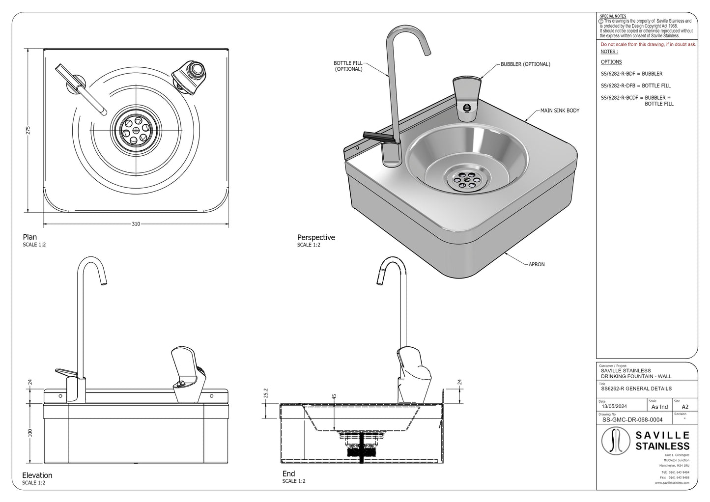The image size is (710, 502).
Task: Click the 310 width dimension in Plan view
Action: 136,224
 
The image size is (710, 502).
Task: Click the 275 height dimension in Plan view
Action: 28,131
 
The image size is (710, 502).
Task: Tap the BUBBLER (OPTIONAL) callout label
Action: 525,64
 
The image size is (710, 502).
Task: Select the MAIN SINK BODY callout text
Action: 560,111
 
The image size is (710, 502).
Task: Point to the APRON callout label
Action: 537,264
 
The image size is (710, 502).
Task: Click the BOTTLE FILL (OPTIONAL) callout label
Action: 348,66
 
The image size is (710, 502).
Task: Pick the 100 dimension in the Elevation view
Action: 30,433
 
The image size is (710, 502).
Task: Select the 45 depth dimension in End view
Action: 334,398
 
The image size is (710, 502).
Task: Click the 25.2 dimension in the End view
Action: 266,393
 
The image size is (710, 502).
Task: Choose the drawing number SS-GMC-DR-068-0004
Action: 632,419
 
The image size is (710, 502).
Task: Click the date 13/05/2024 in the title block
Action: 615,407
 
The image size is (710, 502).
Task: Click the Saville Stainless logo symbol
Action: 616,441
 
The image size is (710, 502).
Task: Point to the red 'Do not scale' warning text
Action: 648,45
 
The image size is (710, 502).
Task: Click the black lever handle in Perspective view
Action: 376,135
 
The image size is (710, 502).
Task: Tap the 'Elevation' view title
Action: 37,475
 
